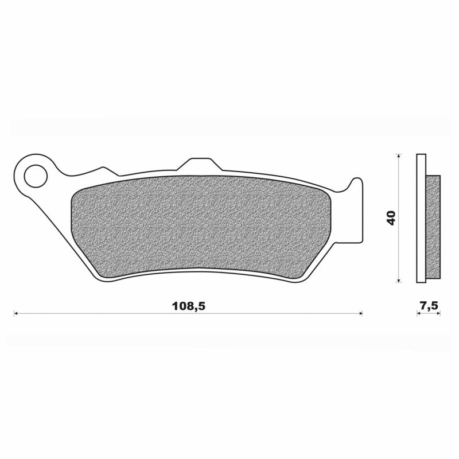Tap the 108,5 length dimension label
[188, 306]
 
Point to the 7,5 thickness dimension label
[429, 306]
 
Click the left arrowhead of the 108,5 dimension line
[16, 314]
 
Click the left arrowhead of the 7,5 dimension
[419, 314]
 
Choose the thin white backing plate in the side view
[421, 218]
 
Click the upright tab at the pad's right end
[357, 189]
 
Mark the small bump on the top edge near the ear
[103, 169]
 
